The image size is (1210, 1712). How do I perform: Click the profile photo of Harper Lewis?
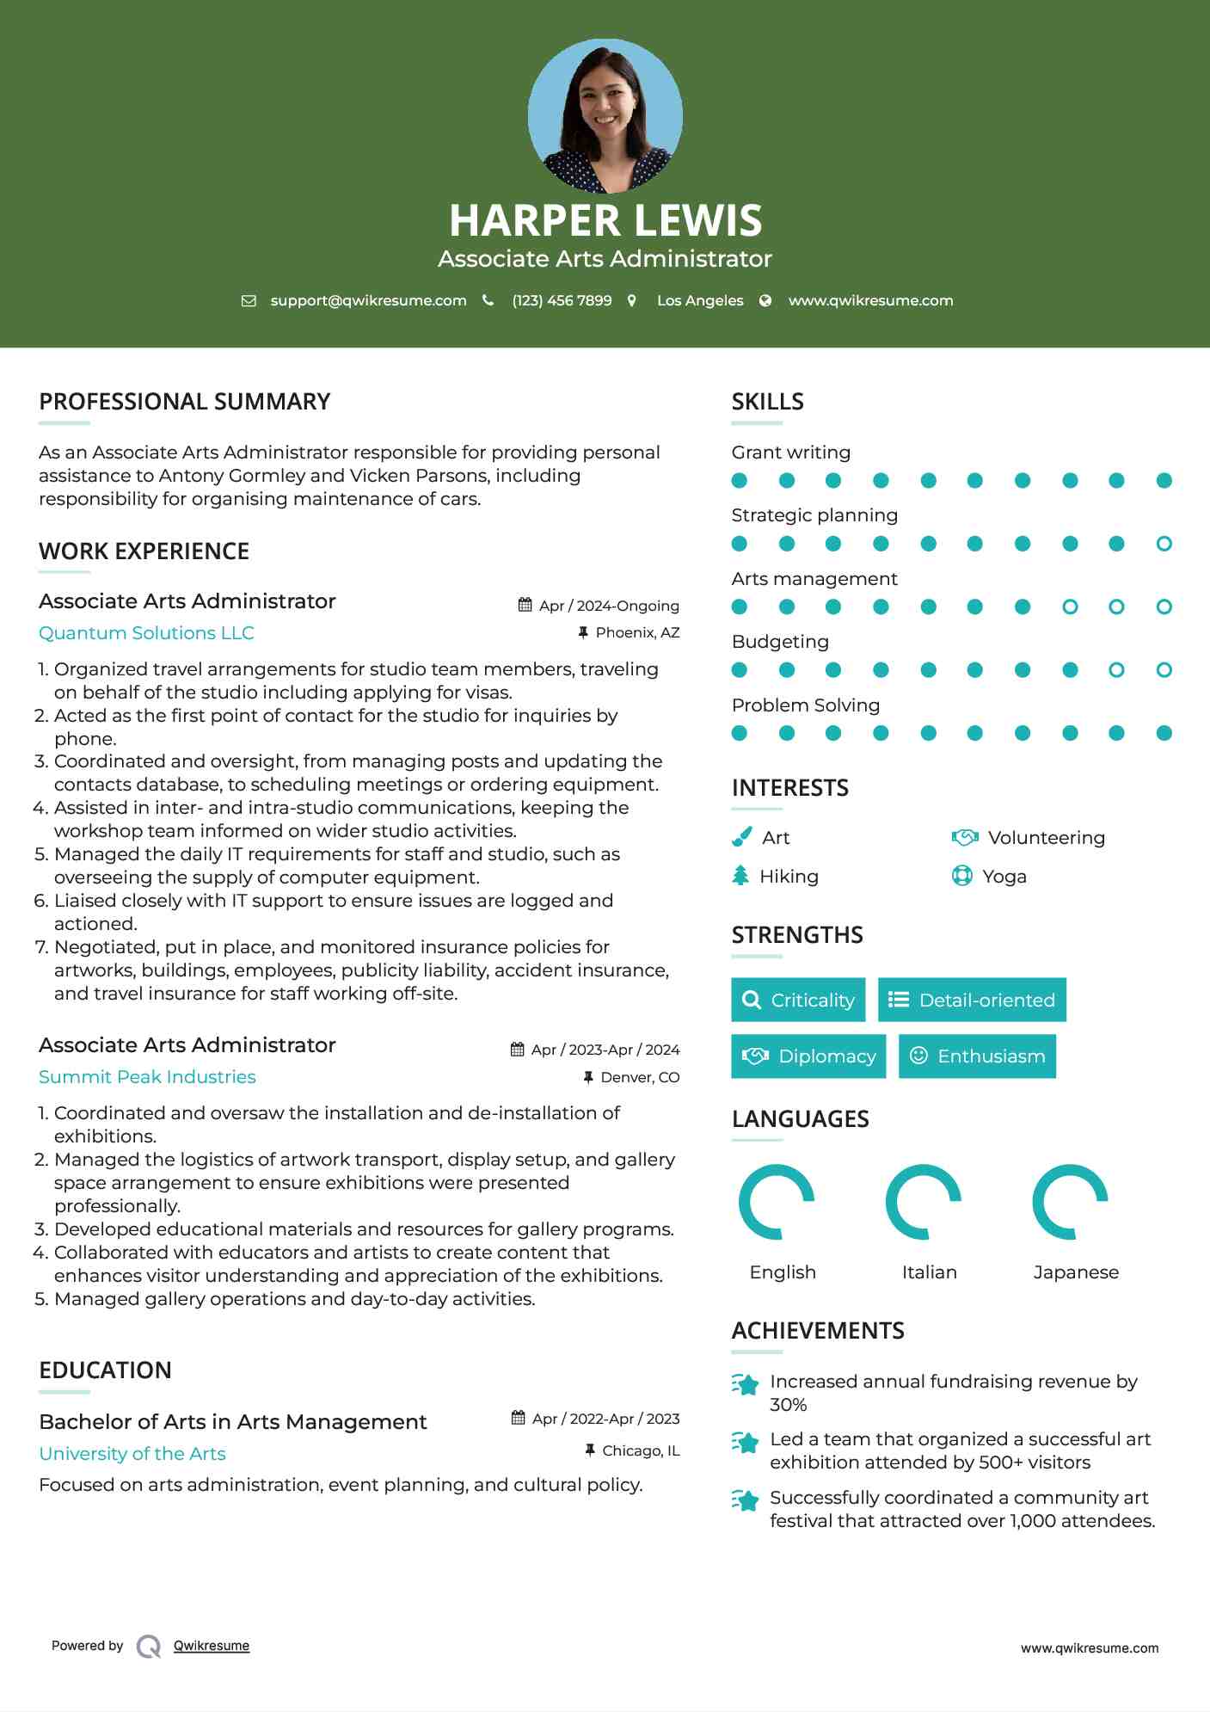click(x=605, y=115)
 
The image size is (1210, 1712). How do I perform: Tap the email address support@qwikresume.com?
click(x=368, y=300)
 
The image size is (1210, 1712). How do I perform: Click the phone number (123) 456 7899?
click(x=562, y=300)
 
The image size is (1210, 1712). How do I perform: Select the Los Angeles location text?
click(x=700, y=300)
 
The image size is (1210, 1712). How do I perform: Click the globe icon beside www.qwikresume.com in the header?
click(x=765, y=300)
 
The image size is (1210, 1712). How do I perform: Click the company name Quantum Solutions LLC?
click(x=146, y=633)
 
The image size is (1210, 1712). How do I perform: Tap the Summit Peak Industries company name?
click(x=147, y=1077)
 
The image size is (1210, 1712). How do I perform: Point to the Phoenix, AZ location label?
click(x=637, y=632)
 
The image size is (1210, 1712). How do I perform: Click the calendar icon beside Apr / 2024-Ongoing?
click(x=525, y=605)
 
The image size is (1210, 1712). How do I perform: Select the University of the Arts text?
click(x=132, y=1454)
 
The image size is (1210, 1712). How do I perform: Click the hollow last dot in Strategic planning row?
click(x=1164, y=544)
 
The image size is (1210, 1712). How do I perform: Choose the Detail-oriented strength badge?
click(x=972, y=1000)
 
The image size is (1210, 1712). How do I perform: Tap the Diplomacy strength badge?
click(x=808, y=1056)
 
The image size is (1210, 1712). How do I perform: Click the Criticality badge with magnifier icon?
click(x=798, y=1000)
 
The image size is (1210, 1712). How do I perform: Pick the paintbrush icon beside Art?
click(x=741, y=837)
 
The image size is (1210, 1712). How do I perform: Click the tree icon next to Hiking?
click(x=740, y=876)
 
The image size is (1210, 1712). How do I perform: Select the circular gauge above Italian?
click(x=923, y=1202)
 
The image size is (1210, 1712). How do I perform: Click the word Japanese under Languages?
click(x=1076, y=1272)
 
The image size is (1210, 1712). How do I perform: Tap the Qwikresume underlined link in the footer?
click(x=212, y=1646)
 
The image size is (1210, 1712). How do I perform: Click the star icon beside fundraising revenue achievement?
click(x=746, y=1384)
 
